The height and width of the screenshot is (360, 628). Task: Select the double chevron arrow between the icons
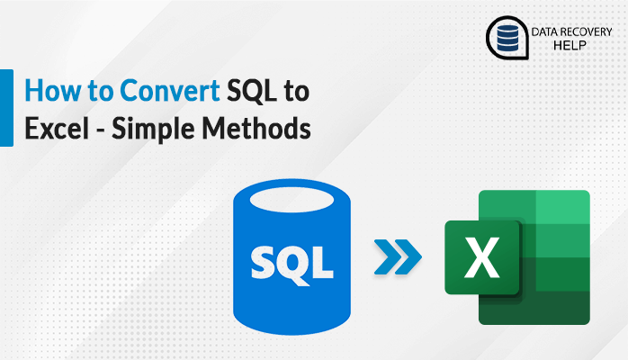(x=396, y=257)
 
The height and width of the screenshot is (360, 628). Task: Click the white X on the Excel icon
(x=484, y=258)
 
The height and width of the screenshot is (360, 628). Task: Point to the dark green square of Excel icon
(x=484, y=258)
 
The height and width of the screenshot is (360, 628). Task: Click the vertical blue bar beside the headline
(x=6, y=108)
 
